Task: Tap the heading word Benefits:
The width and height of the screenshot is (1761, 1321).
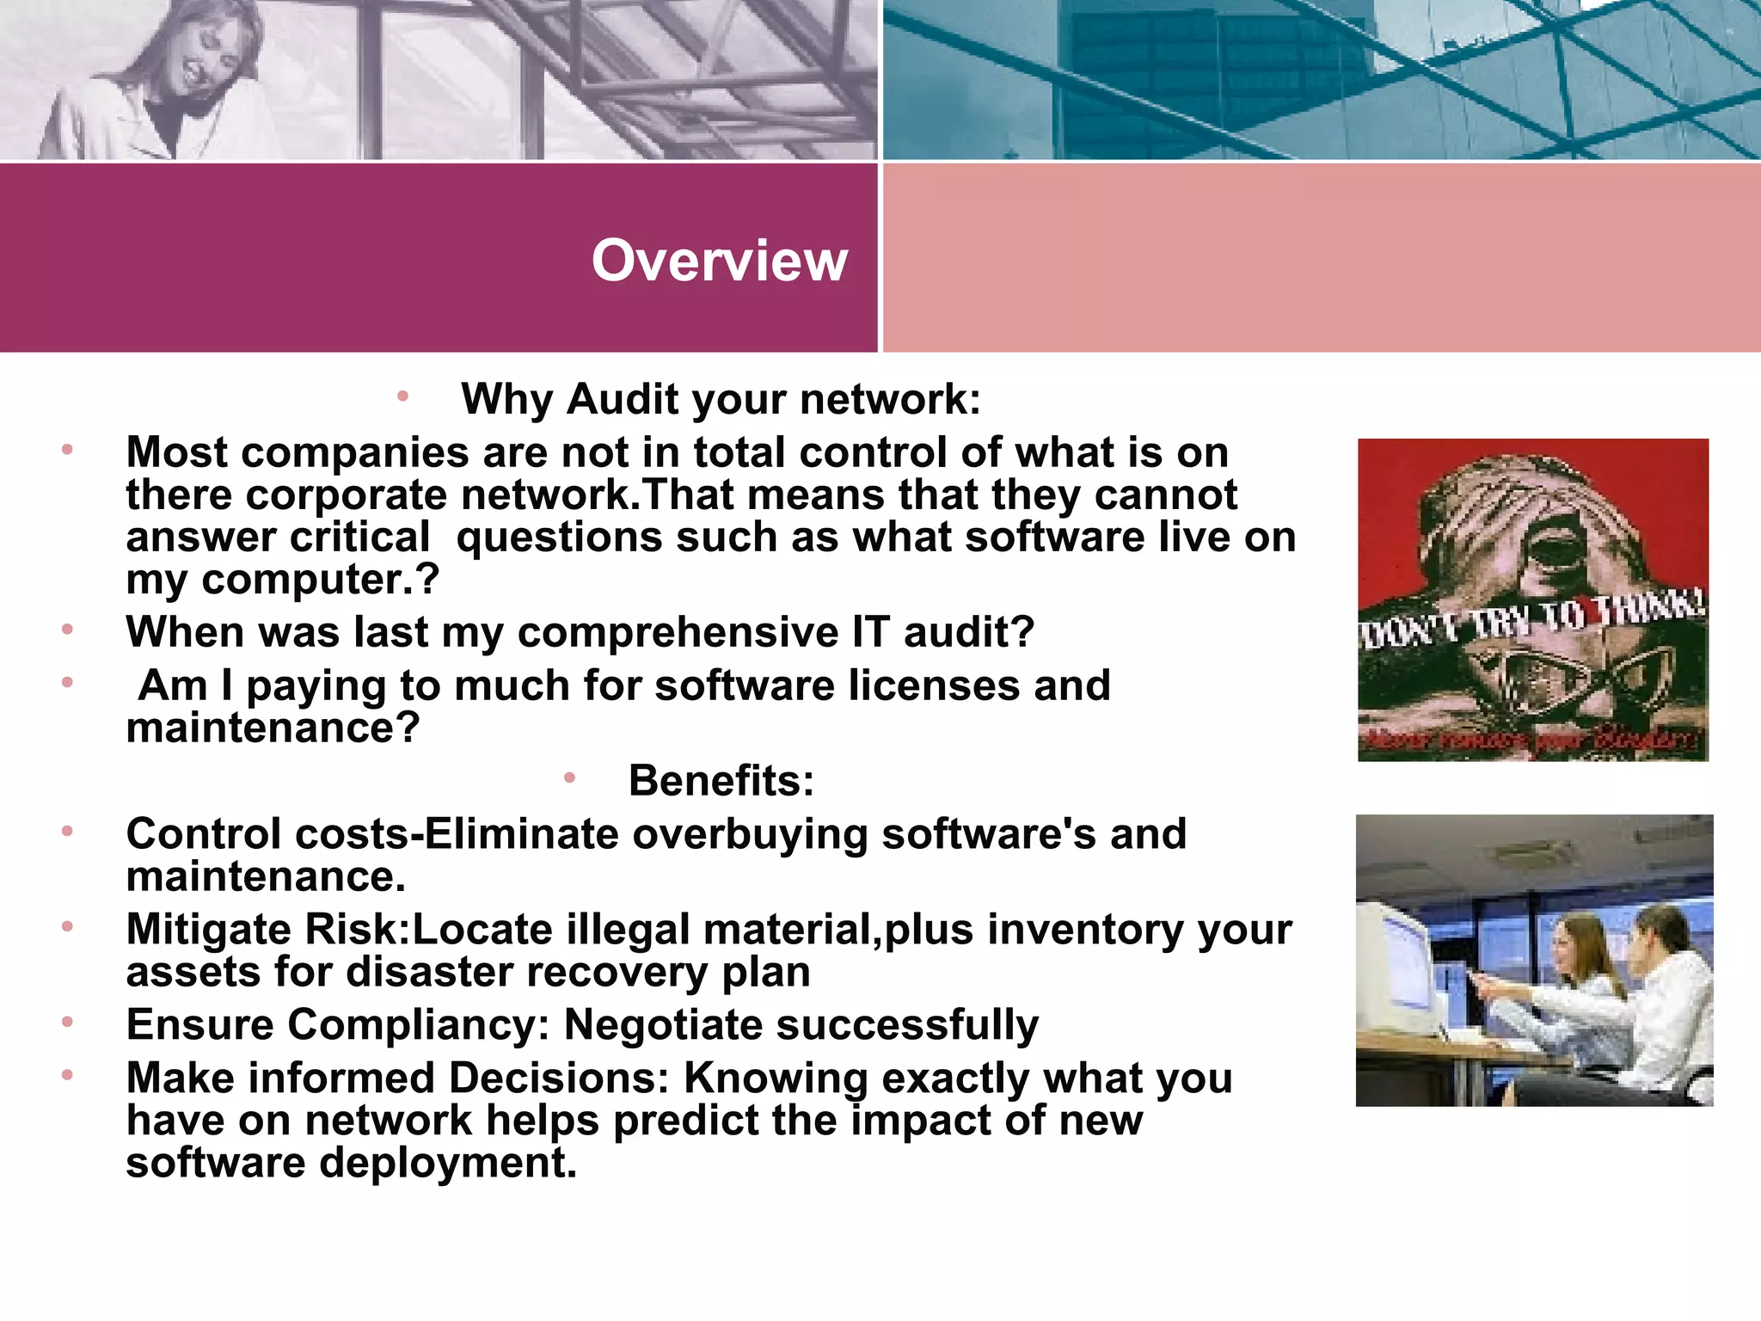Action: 721,781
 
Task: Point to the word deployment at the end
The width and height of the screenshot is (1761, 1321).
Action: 448,1163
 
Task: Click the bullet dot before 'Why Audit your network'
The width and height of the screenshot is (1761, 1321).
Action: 402,396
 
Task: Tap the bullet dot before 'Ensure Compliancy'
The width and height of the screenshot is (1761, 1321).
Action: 67,1022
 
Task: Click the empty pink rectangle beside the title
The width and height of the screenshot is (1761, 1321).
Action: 1321,258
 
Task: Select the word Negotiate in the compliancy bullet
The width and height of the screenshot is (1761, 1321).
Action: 663,1025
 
